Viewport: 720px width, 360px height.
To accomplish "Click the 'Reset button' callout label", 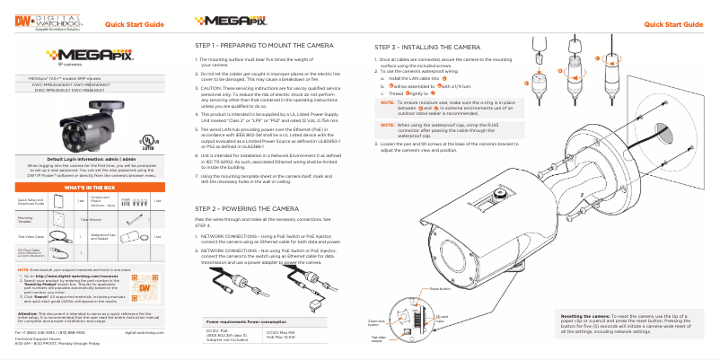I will (440, 290).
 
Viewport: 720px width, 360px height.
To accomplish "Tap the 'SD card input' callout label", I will (439, 320).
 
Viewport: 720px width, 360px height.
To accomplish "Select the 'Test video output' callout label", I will (377, 338).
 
